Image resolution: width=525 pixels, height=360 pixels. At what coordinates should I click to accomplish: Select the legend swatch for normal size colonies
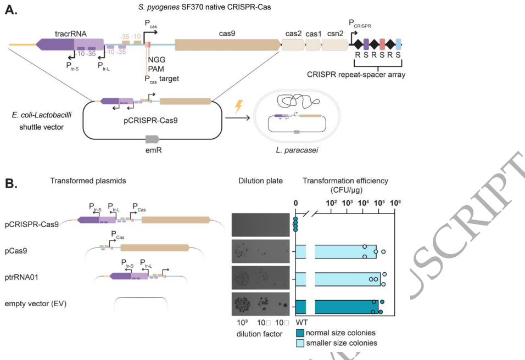[x=300, y=333]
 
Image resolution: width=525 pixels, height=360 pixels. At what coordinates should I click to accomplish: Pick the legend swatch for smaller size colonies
[x=300, y=343]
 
